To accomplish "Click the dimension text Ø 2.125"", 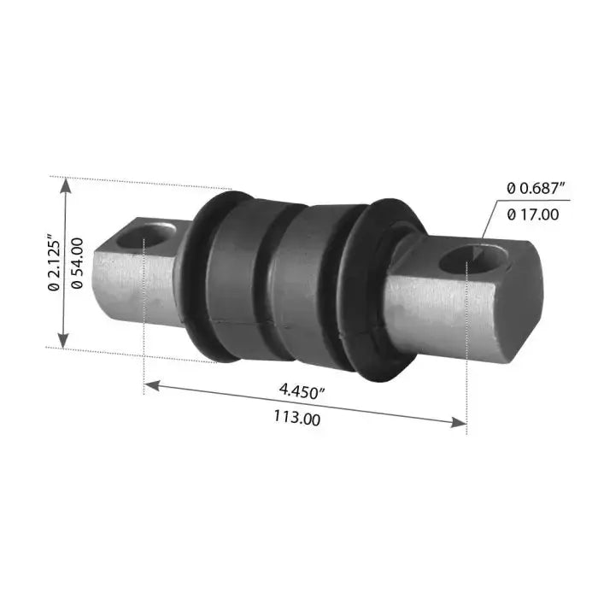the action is coord(55,265).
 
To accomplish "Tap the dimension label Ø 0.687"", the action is coord(536,188).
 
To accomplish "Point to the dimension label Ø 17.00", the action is coord(533,214).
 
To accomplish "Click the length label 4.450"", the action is coord(302,391).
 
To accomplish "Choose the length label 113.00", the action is coord(297,418).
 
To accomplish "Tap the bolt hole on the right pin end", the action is coord(472,260).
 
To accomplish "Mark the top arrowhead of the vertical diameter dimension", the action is coord(67,187).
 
